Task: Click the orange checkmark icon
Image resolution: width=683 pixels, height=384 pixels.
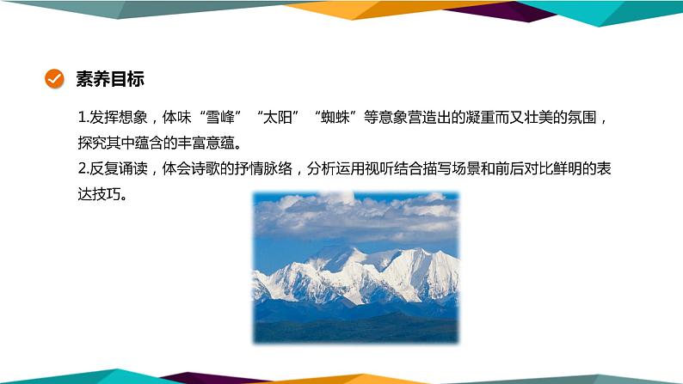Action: click(x=53, y=80)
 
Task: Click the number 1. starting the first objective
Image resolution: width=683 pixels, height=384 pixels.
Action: click(x=83, y=119)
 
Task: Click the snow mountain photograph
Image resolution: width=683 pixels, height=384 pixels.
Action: click(x=355, y=267)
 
